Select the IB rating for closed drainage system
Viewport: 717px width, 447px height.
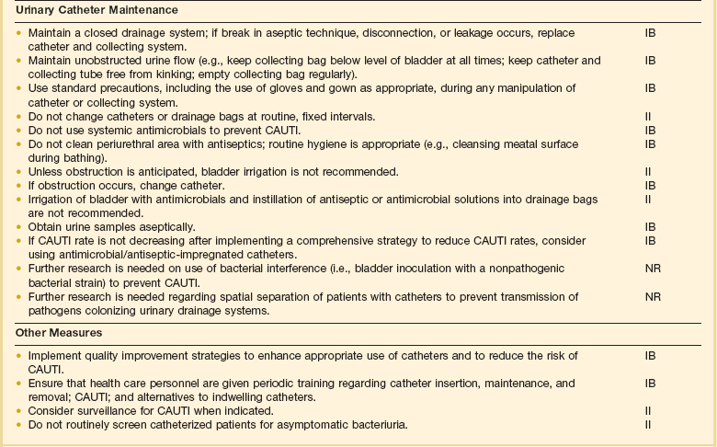pyautogui.click(x=651, y=32)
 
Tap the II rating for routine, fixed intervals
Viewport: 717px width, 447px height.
pyautogui.click(x=649, y=116)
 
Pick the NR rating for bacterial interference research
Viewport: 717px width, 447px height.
pyautogui.click(x=652, y=268)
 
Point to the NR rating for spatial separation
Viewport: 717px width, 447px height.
pyautogui.click(x=652, y=296)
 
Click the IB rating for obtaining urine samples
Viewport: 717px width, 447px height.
pyautogui.click(x=651, y=226)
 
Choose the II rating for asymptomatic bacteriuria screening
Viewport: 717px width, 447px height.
pyautogui.click(x=649, y=423)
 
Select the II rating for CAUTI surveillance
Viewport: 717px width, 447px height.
pyautogui.click(x=649, y=409)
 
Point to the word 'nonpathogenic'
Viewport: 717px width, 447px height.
pyautogui.click(x=523, y=268)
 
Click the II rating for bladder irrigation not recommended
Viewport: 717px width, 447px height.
pyautogui.click(x=649, y=171)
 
